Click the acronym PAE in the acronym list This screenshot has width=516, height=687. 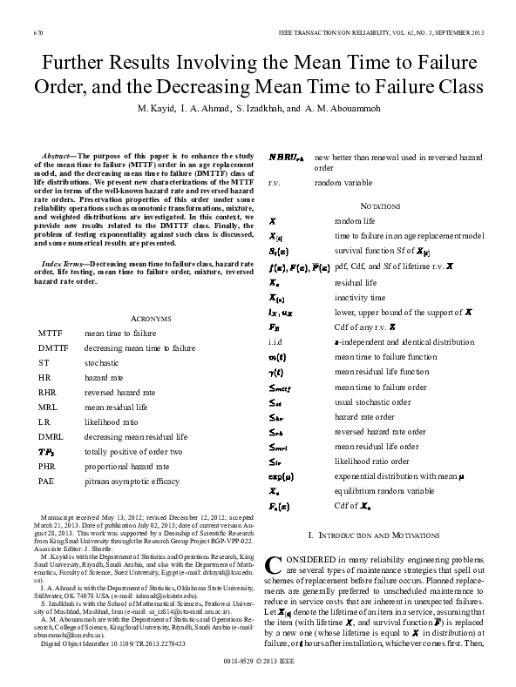[46, 480]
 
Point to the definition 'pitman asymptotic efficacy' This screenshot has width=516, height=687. [123, 480]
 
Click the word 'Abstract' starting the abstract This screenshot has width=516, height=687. [56, 153]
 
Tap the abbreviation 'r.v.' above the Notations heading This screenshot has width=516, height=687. [275, 184]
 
